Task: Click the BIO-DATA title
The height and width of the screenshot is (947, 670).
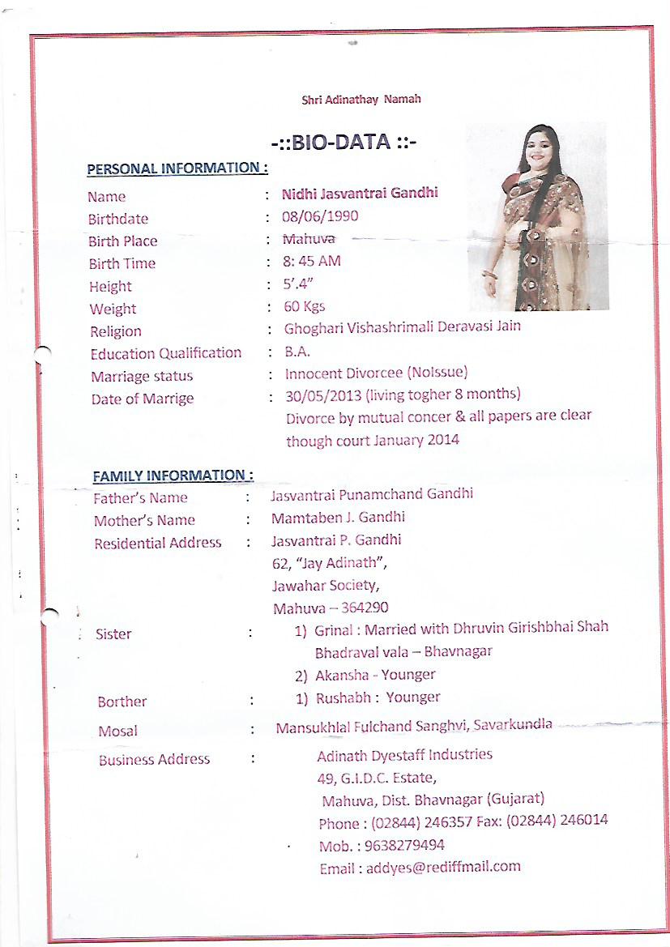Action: [x=344, y=144]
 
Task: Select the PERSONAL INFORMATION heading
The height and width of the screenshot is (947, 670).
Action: [x=177, y=169]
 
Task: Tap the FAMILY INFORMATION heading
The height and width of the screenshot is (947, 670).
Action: [x=173, y=476]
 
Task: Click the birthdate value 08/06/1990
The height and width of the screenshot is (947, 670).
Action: [x=319, y=216]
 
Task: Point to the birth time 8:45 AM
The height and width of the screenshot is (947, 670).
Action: [x=312, y=262]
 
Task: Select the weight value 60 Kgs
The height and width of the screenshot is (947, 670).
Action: [x=305, y=307]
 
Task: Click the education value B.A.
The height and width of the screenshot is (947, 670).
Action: [x=297, y=352]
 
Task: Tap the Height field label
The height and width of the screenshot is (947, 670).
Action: [x=110, y=286]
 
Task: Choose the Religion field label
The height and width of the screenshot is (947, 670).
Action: [x=116, y=331]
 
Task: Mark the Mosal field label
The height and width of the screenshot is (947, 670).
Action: [x=117, y=731]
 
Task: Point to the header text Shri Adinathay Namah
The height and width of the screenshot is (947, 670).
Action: [x=361, y=100]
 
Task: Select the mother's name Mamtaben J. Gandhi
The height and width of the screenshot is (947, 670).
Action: [x=338, y=517]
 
